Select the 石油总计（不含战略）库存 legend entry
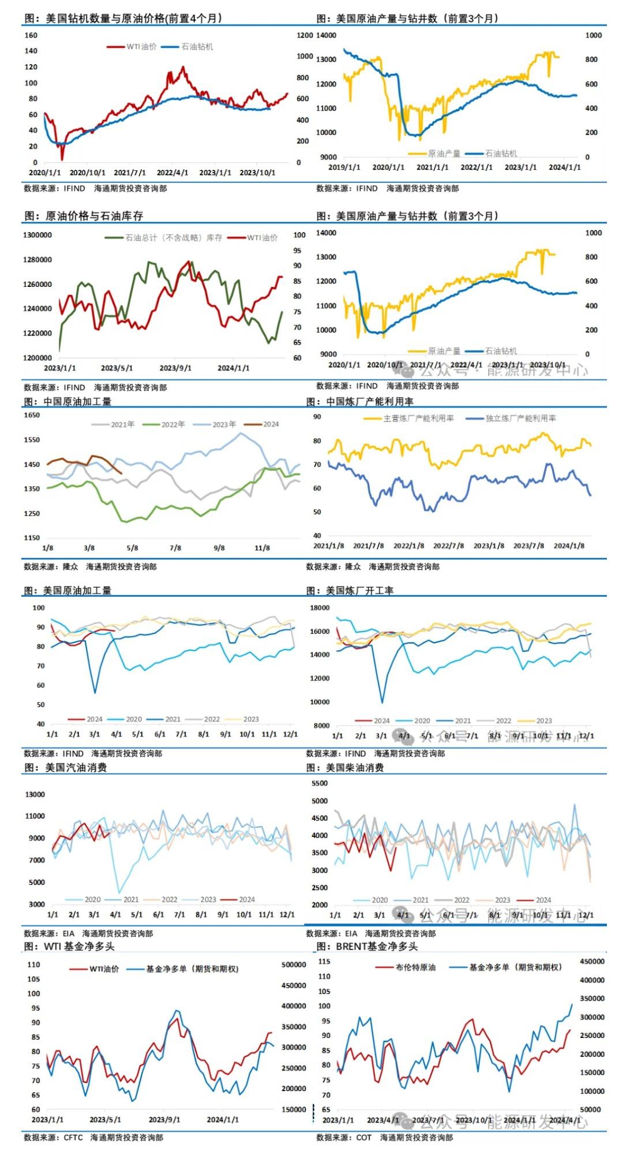pyautogui.click(x=173, y=238)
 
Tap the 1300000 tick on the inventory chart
pyautogui.click(x=37, y=236)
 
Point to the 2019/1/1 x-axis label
pyautogui.click(x=344, y=167)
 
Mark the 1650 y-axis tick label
pyautogui.click(x=32, y=415)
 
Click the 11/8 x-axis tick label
pyautogui.click(x=262, y=548)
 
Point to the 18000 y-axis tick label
pyautogui.click(x=320, y=608)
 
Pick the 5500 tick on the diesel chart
pyautogui.click(x=319, y=783)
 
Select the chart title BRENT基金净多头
pyautogui.click(x=367, y=947)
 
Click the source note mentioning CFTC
pyautogui.click(x=93, y=1138)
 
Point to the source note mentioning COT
pyautogui.click(x=384, y=1138)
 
